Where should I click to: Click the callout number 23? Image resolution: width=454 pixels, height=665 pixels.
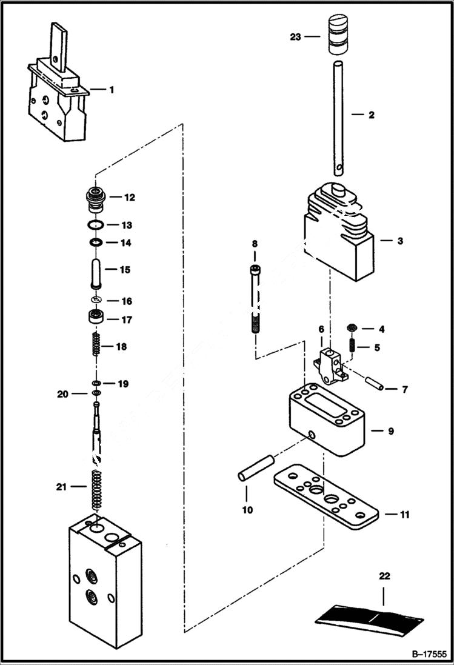tap(295, 36)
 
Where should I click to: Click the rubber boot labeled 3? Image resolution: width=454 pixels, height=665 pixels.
tap(340, 236)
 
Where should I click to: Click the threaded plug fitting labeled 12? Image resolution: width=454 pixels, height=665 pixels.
tap(95, 198)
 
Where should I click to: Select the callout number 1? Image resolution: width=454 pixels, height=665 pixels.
tap(111, 90)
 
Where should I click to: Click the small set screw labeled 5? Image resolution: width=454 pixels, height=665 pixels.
tap(352, 348)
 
